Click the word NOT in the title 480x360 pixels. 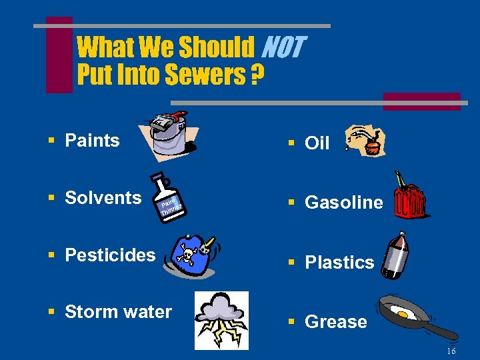[283, 48]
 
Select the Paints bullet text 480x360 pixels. [92, 141]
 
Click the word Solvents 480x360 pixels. [103, 197]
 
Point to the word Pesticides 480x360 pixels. [110, 255]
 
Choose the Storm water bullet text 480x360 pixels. [118, 312]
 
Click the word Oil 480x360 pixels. [317, 143]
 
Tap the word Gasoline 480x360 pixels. [343, 203]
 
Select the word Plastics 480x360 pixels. [339, 263]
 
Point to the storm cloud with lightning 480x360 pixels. [221, 319]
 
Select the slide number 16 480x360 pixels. [451, 351]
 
